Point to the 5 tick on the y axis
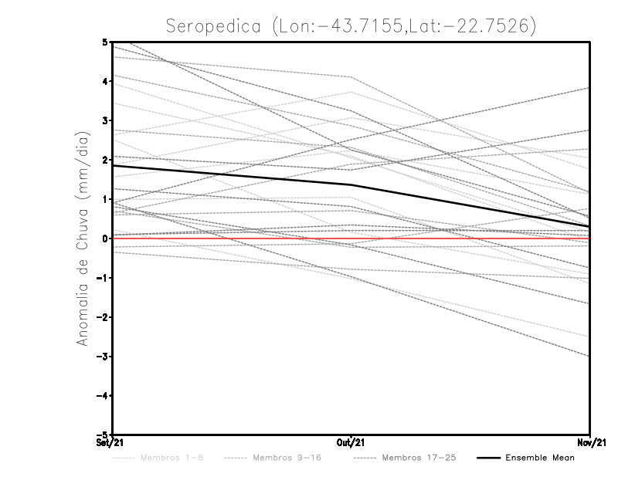(104, 42)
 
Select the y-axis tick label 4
(104, 81)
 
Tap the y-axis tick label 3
(104, 120)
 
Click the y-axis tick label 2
(104, 160)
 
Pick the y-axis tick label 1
(104, 199)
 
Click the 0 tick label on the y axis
(104, 238)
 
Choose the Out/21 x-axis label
(351, 443)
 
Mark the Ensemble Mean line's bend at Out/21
(351, 184)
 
